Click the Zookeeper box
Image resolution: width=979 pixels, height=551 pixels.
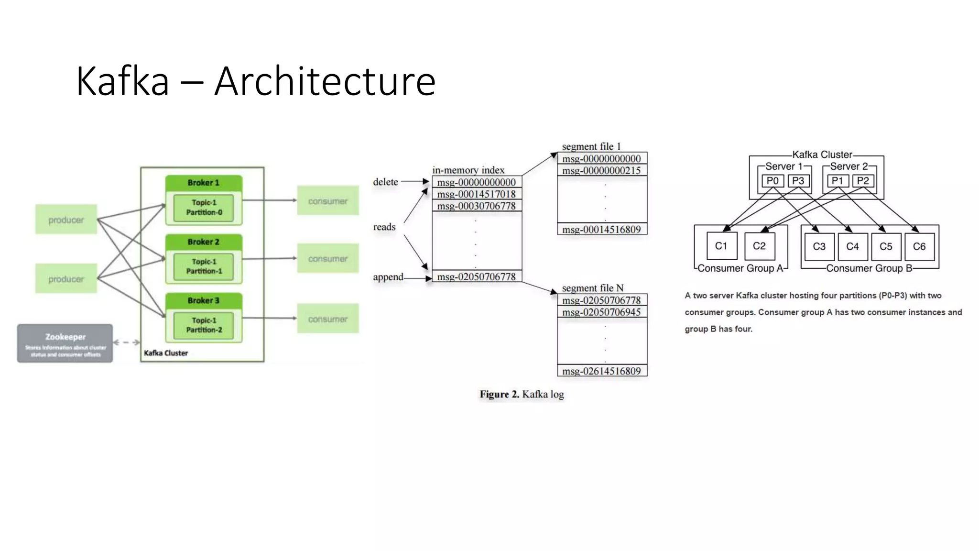coord(65,343)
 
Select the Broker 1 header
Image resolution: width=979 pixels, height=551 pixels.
coord(204,183)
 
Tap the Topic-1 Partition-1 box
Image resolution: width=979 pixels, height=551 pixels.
coord(204,266)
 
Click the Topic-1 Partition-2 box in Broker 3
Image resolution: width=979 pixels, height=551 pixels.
coord(204,325)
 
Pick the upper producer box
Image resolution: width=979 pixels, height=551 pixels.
coord(66,220)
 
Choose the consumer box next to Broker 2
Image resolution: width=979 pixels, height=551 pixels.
coord(327,259)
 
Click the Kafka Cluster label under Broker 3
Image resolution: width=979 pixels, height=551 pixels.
coord(166,353)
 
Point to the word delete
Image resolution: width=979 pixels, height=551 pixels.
coord(385,182)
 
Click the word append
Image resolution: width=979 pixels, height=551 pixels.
coord(388,277)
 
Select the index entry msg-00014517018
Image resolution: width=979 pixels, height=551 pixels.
coord(476,194)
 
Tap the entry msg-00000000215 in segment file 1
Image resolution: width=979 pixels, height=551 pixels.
coord(601,170)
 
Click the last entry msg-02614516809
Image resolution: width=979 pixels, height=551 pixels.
coord(601,371)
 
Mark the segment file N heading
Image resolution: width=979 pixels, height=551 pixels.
coord(593,288)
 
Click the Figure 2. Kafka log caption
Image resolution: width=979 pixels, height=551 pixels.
coord(522,394)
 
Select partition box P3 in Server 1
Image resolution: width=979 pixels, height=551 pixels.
coord(798,181)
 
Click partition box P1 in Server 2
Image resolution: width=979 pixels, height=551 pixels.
coord(837,181)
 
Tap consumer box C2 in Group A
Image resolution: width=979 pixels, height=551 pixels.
coord(759,246)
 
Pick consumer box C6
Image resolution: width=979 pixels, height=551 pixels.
coord(919,246)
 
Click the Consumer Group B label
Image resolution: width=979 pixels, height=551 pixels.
coord(869,268)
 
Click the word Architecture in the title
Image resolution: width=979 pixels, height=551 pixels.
coord(325,81)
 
